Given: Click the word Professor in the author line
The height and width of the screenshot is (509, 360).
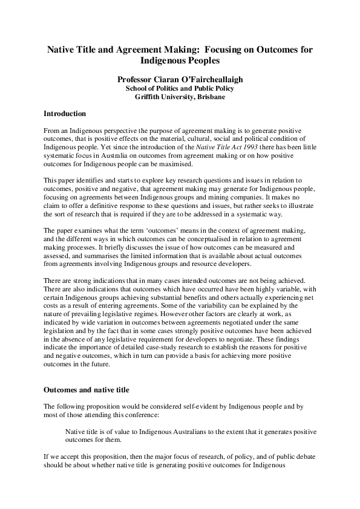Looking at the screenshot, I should click(x=139, y=79).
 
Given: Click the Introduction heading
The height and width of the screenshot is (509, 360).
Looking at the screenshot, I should click(x=65, y=114).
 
